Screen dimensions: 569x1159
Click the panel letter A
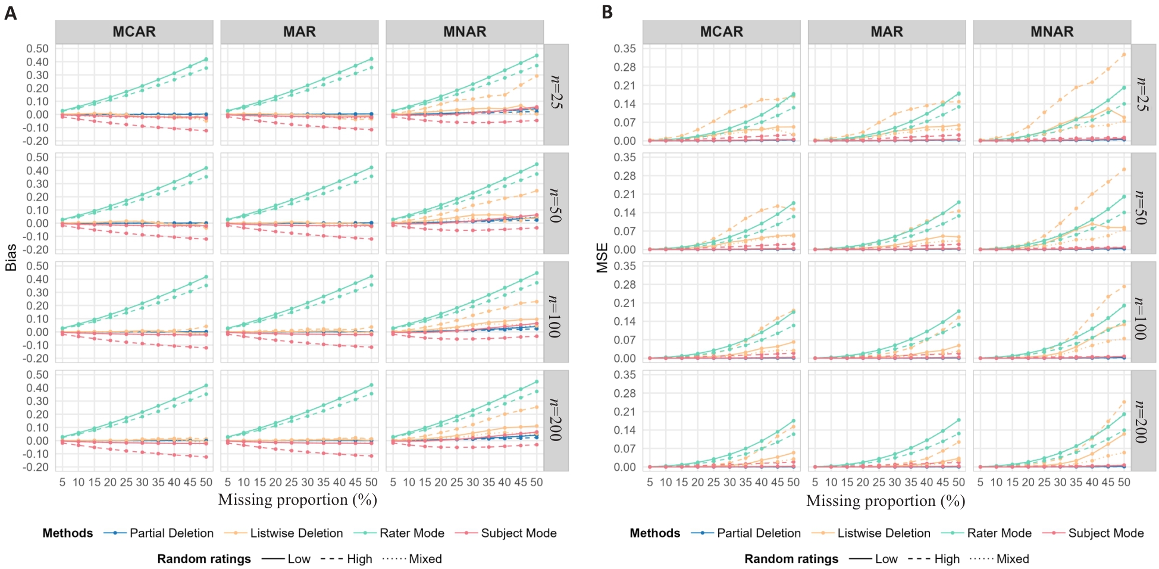10,12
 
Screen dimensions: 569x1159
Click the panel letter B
607,12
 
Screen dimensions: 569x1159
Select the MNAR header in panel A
465,32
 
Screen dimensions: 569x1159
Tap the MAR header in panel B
887,32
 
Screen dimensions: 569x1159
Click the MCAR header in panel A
134,32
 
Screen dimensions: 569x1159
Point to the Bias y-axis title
11,257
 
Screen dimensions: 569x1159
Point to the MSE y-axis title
602,257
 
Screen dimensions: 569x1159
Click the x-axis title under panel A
297,500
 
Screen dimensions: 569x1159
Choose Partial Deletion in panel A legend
171,533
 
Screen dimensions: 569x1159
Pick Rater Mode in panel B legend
999,533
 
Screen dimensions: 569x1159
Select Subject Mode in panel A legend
518,533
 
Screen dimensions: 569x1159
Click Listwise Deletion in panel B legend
884,533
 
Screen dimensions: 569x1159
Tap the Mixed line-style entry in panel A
425,559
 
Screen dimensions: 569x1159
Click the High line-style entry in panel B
947,559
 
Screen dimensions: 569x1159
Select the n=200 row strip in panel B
1143,421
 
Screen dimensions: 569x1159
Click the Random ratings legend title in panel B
791,559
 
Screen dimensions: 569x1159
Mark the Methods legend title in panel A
68,533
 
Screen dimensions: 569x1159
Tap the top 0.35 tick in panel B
625,49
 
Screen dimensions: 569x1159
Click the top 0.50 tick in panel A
37,49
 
